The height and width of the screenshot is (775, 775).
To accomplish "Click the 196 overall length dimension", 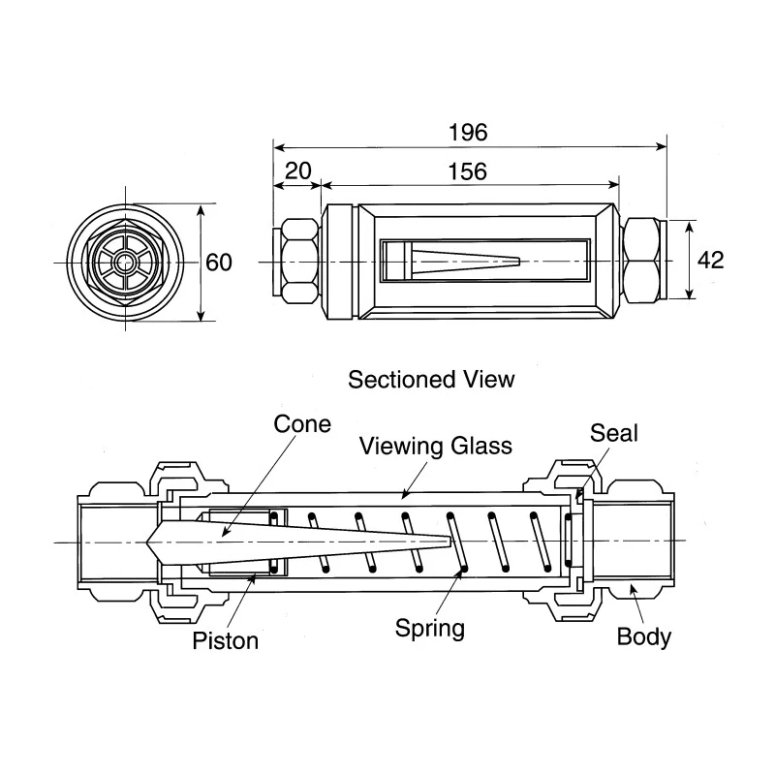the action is coord(468,133).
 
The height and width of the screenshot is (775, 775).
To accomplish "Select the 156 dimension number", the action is coord(468,171).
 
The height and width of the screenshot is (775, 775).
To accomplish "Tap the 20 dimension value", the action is coord(298,171).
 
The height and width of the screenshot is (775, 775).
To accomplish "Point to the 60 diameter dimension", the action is coord(219,263).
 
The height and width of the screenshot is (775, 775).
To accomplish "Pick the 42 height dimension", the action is coord(710,260).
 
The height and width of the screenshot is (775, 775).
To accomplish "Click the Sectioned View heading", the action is coord(431,380).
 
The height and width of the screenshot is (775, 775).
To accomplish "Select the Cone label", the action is coord(302,424).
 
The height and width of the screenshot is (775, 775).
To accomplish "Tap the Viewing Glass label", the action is coord(435,447).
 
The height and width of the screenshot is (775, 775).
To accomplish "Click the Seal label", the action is coord(614,433).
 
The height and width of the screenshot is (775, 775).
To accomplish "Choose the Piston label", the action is coord(226,640).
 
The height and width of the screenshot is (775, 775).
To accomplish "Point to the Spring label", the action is coord(430,629).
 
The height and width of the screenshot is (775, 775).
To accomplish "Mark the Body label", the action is coord(644,636).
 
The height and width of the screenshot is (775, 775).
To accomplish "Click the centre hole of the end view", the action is coord(126,263).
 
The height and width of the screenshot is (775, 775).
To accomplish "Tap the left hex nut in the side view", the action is coord(299,261).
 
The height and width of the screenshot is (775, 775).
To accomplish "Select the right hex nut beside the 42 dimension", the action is coord(640,261).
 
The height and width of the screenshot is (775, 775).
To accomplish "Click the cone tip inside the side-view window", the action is coord(519,261).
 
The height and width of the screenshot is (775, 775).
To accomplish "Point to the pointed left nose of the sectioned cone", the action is coord(147,542).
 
